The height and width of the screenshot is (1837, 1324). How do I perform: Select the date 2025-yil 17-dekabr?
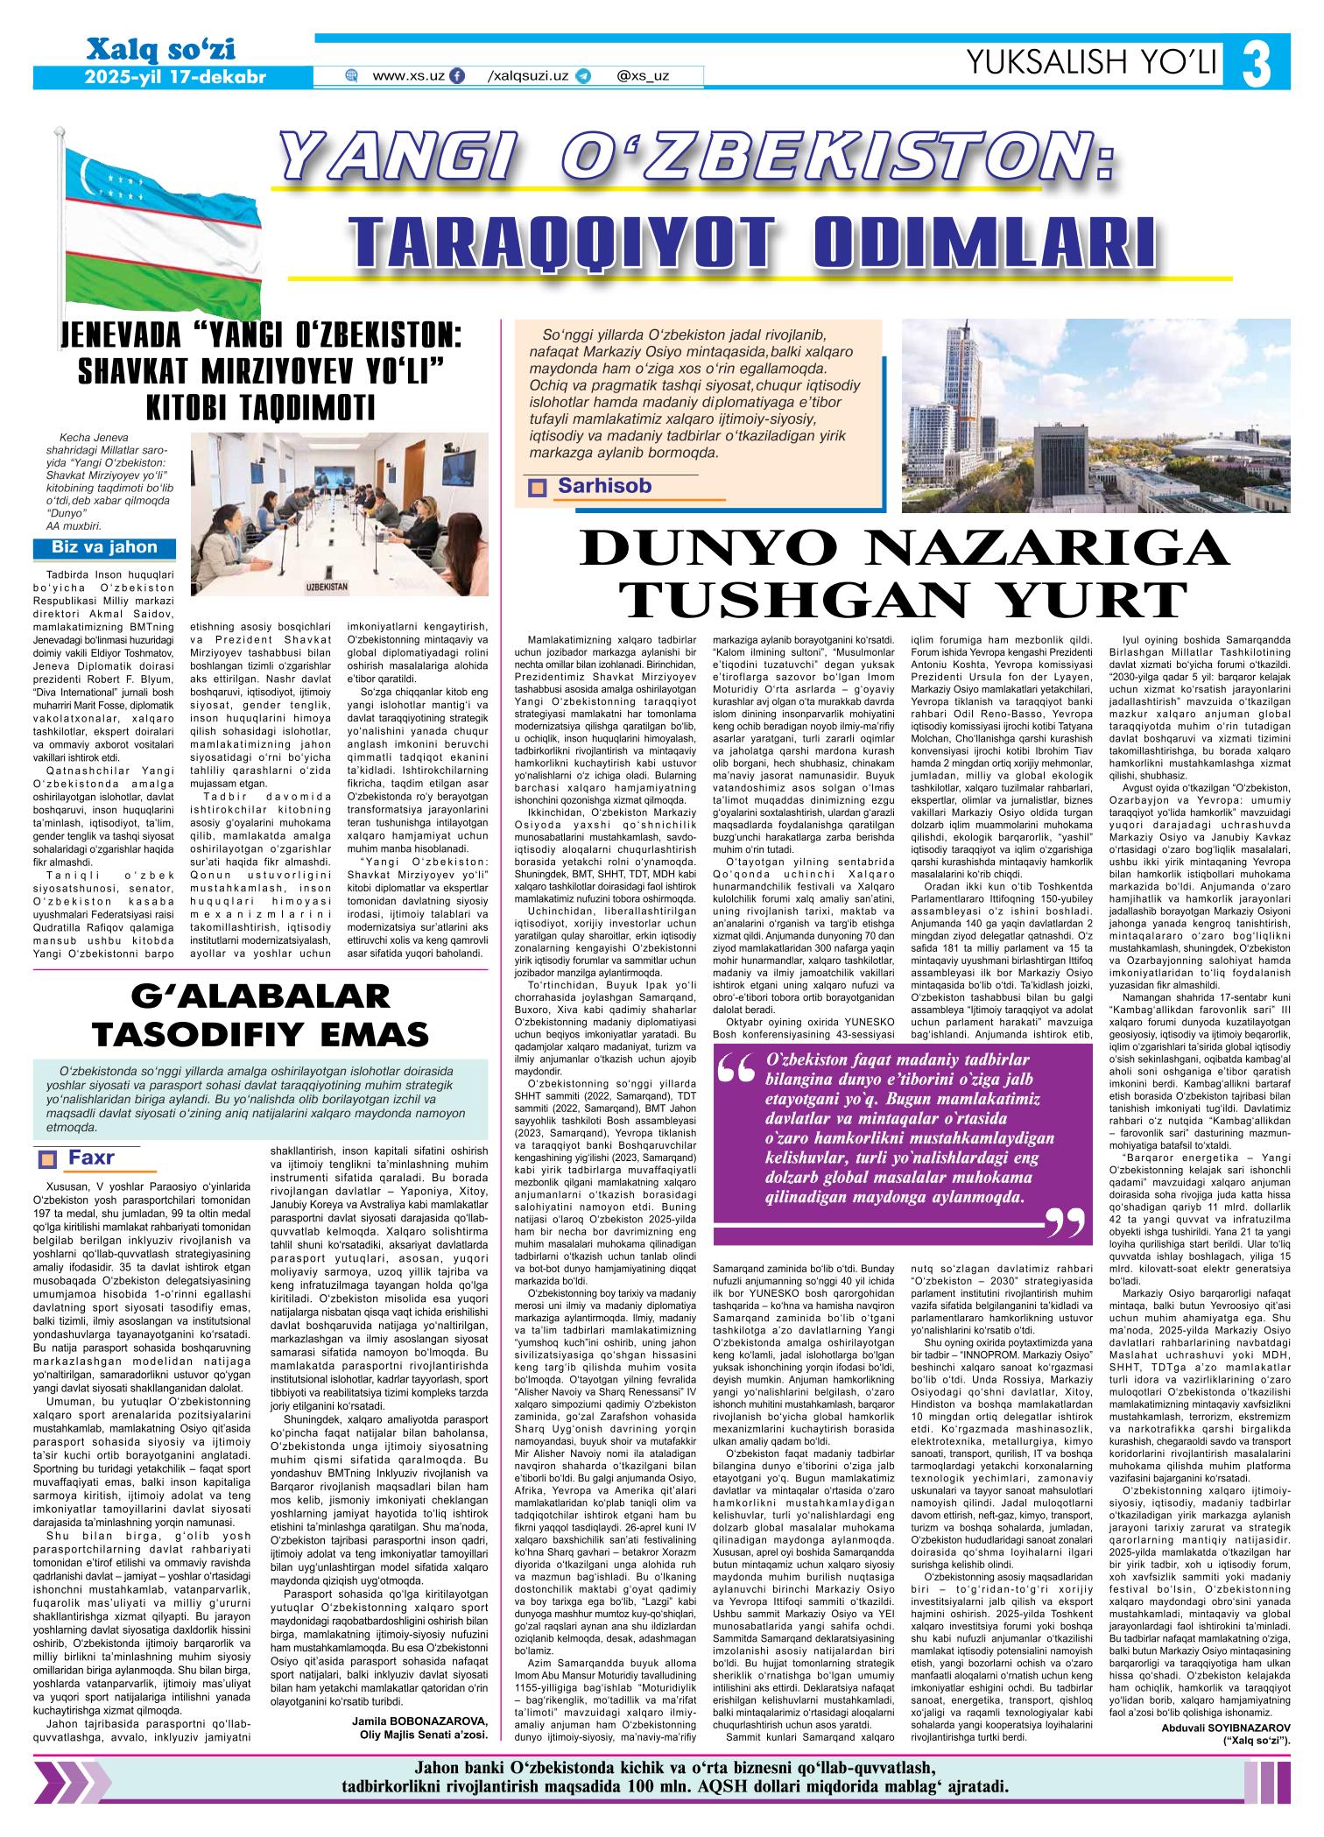coord(175,76)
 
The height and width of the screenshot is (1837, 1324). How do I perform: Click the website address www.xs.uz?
coord(408,76)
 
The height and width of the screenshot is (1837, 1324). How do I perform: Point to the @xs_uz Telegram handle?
coord(642,76)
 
